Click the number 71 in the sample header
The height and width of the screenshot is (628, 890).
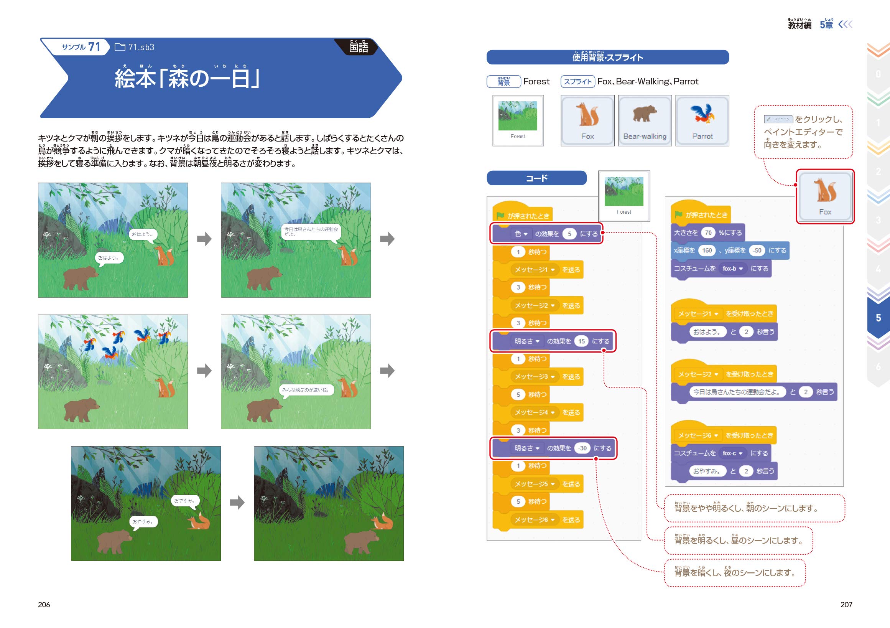pyautogui.click(x=94, y=47)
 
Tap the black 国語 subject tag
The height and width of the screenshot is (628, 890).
pyautogui.click(x=358, y=47)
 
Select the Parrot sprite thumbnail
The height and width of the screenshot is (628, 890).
pyautogui.click(x=702, y=120)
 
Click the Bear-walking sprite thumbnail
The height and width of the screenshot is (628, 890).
pyautogui.click(x=645, y=120)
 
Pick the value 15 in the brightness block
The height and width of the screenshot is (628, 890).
pyautogui.click(x=581, y=341)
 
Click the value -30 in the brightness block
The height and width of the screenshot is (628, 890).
pyautogui.click(x=582, y=448)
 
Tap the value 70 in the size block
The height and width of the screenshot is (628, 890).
pyautogui.click(x=708, y=233)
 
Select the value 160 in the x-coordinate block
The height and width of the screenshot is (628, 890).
pyautogui.click(x=707, y=251)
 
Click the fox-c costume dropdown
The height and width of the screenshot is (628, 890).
pyautogui.click(x=732, y=453)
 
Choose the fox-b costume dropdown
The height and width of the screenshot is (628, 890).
pyautogui.click(x=732, y=269)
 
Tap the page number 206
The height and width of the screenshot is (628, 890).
pyautogui.click(x=44, y=604)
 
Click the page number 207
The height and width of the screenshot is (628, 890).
pyautogui.click(x=846, y=604)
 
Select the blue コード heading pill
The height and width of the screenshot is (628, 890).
pyautogui.click(x=536, y=178)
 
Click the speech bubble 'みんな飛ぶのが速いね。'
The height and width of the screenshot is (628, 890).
pyautogui.click(x=306, y=390)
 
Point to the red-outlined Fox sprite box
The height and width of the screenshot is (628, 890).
pyautogui.click(x=825, y=196)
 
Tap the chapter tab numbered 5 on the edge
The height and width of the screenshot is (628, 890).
pyautogui.click(x=878, y=318)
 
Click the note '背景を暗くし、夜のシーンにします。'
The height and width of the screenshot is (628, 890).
pyautogui.click(x=735, y=572)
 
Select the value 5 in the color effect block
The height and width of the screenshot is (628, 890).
pyautogui.click(x=569, y=234)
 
